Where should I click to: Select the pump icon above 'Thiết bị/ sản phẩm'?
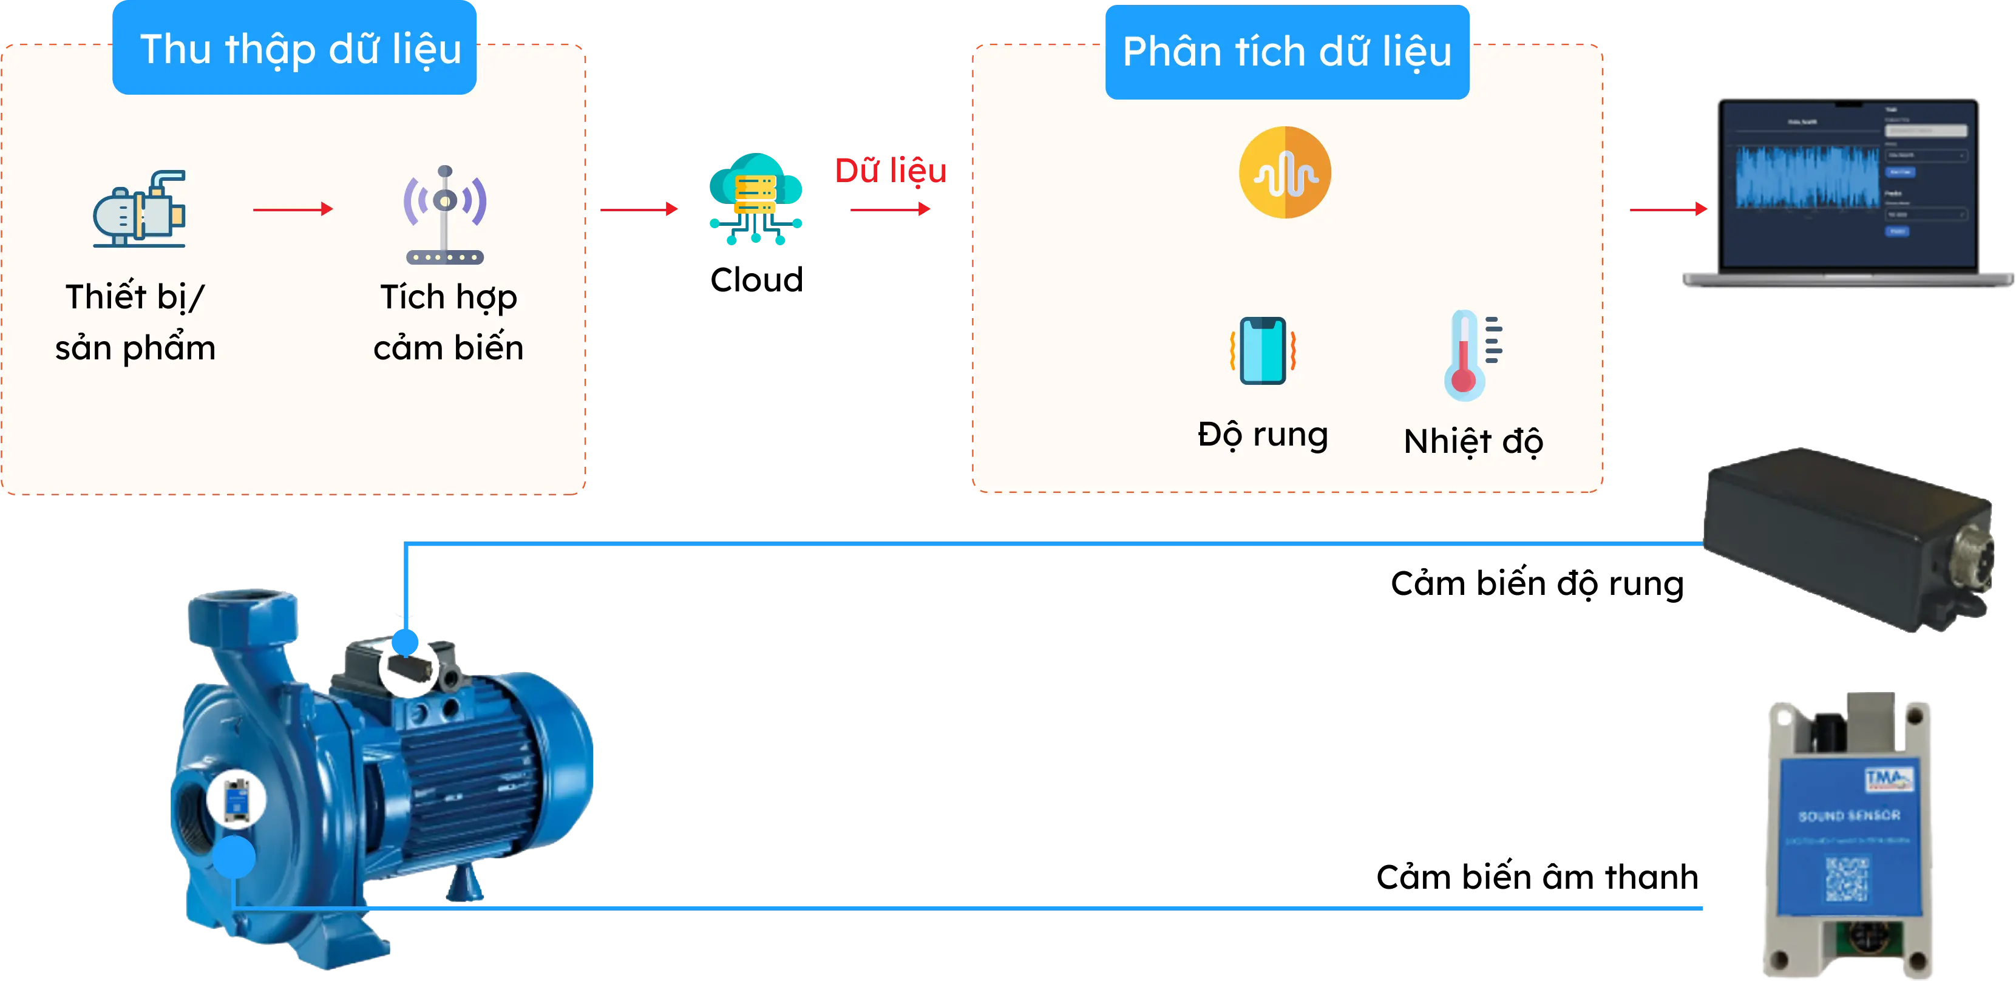[139, 209]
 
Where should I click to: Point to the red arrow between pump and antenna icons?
[293, 209]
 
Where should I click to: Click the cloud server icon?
[756, 199]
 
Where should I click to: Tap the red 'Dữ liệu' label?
[891, 171]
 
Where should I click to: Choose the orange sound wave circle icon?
[1285, 172]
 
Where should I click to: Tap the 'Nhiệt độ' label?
[1473, 441]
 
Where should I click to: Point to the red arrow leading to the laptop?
[1666, 210]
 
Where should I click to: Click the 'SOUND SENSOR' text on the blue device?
[1848, 816]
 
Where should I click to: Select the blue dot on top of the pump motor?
[406, 642]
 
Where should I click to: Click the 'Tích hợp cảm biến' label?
[449, 322]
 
